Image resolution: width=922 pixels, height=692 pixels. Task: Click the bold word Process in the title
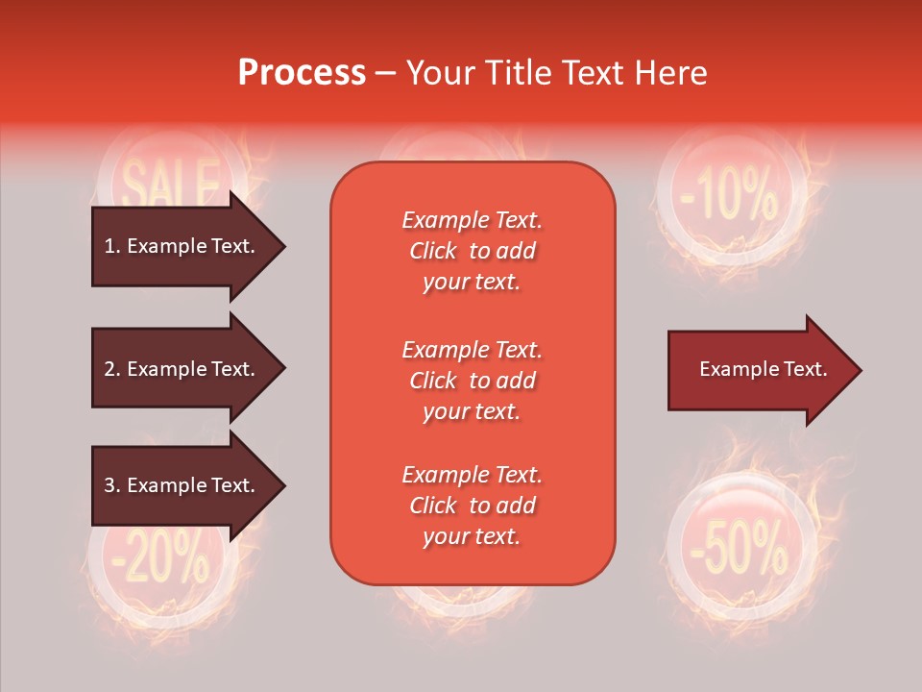tap(302, 73)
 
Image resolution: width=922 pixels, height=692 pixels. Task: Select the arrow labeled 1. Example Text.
tap(180, 246)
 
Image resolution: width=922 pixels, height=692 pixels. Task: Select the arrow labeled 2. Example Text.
tap(180, 369)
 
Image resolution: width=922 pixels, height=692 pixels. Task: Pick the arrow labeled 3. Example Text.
tap(180, 485)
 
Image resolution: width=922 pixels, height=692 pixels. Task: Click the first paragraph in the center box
tap(472, 251)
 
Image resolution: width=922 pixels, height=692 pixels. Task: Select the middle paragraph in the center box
tap(472, 381)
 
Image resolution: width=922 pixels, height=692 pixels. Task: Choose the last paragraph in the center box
tap(472, 506)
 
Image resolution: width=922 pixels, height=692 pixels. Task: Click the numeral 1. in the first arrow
tap(112, 246)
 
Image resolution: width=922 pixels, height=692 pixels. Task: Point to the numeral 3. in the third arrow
tap(112, 485)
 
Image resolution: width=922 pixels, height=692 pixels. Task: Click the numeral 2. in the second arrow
tap(112, 369)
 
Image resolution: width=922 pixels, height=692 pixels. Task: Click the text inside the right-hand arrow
tap(763, 369)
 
